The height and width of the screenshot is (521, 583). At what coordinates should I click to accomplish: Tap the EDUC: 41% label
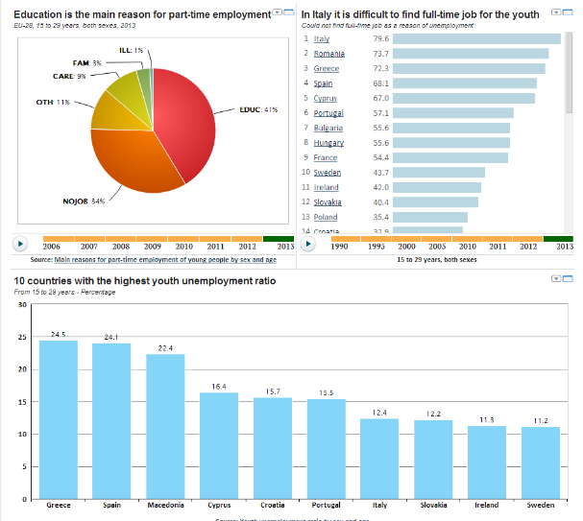(x=257, y=109)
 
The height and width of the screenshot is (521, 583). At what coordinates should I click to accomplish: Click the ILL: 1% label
(x=132, y=50)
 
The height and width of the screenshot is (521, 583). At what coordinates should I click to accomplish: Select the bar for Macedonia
(x=165, y=426)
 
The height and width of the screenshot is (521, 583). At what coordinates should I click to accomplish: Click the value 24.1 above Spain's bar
(x=110, y=338)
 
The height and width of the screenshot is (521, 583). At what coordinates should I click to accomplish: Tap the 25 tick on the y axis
(x=21, y=338)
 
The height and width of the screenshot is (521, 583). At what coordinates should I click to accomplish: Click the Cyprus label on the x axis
(x=219, y=504)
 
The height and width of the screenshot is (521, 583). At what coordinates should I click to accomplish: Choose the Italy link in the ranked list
(x=322, y=39)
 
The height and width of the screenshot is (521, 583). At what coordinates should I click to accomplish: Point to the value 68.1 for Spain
(x=380, y=83)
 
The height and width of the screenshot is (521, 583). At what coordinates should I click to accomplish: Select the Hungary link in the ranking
(x=328, y=142)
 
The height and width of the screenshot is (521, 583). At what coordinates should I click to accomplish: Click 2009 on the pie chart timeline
(x=153, y=247)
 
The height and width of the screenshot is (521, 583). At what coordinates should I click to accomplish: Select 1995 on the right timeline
(x=378, y=247)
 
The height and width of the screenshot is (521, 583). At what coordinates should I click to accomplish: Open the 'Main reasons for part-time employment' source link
(x=165, y=259)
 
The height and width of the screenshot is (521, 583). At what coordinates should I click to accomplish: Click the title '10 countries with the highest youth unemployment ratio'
(x=144, y=281)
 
